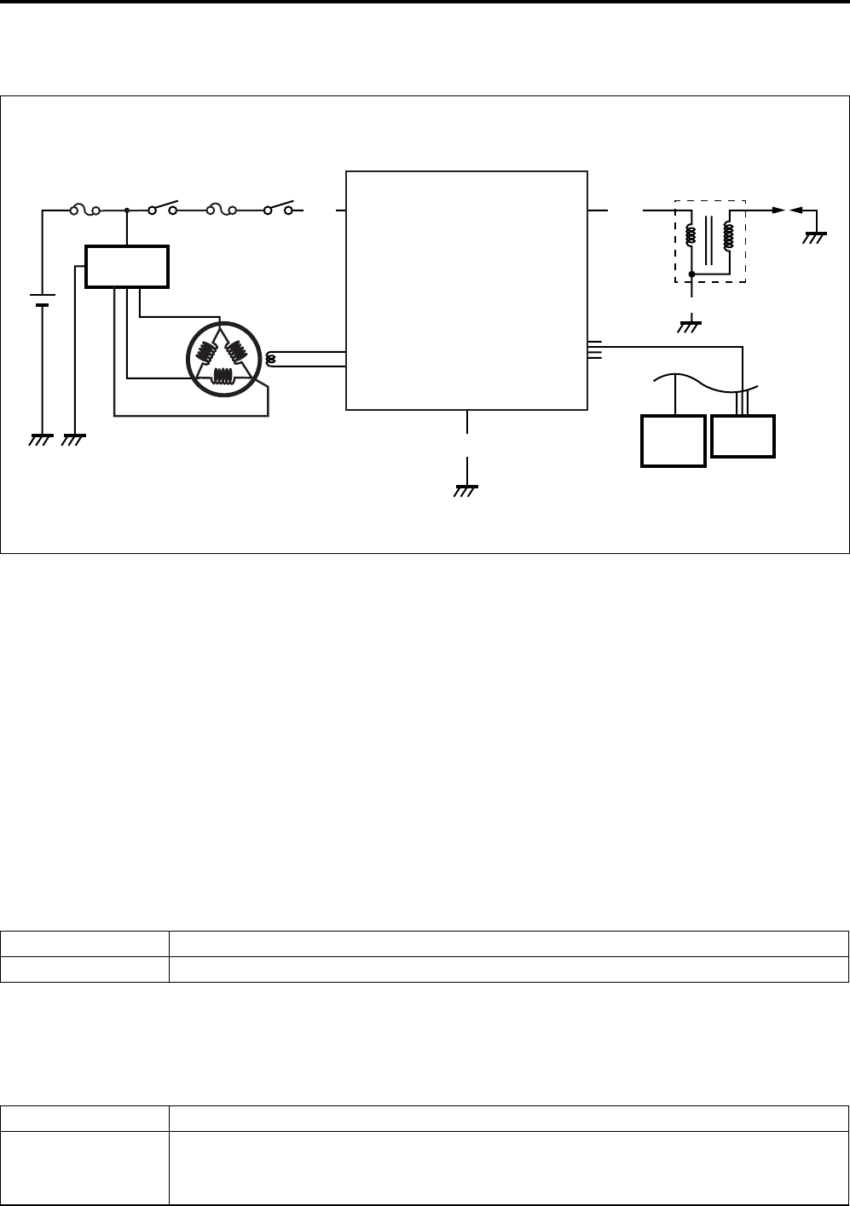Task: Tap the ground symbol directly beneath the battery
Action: pyautogui.click(x=39, y=440)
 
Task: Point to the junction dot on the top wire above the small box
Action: pyautogui.click(x=126, y=209)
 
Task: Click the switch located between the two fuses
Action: pyautogui.click(x=163, y=207)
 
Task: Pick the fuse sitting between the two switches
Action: pyautogui.click(x=220, y=209)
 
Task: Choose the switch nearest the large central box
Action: pyautogui.click(x=279, y=207)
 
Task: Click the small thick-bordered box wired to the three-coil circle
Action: pyautogui.click(x=127, y=266)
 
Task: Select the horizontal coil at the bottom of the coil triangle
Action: pyautogui.click(x=225, y=378)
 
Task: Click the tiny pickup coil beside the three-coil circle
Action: pyautogui.click(x=271, y=360)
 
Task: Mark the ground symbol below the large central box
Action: pyautogui.click(x=467, y=489)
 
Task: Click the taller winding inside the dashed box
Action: pyautogui.click(x=728, y=237)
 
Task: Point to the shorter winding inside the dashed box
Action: pyautogui.click(x=691, y=235)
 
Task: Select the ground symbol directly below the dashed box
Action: pyautogui.click(x=691, y=325)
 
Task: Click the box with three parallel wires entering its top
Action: pyautogui.click(x=743, y=437)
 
